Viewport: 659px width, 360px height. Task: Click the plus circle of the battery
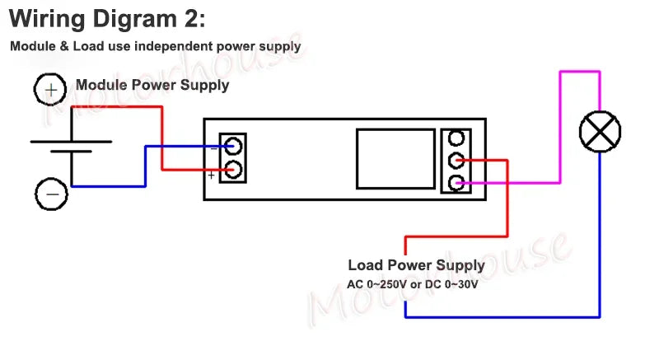[50, 88]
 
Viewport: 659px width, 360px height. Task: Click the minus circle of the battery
[50, 194]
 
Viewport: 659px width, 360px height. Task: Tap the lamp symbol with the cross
[600, 132]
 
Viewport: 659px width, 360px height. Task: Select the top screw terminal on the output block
[455, 138]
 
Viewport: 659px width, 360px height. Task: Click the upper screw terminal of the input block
[233, 146]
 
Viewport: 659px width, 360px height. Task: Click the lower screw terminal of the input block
[233, 170]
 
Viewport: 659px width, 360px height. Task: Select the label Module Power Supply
[152, 85]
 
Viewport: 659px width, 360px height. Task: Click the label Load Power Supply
[416, 265]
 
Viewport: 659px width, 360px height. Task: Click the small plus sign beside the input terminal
[212, 175]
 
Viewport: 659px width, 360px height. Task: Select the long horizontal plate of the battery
[71, 142]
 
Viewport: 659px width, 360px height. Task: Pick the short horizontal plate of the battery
[71, 152]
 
